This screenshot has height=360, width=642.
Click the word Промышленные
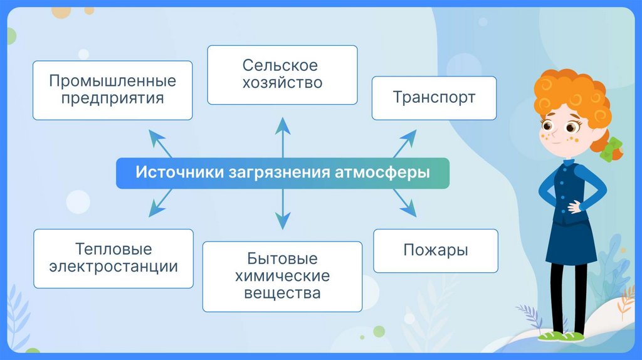click(113, 82)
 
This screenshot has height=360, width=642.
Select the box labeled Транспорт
click(434, 98)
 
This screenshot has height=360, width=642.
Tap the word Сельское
click(280, 66)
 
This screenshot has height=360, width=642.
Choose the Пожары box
click(435, 250)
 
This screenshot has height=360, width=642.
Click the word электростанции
click(113, 267)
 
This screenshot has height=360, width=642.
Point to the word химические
click(282, 276)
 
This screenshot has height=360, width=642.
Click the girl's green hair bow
click(611, 150)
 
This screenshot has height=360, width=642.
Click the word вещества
click(282, 293)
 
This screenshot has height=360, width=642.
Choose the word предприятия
click(113, 98)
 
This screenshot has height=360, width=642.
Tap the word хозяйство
click(282, 83)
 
